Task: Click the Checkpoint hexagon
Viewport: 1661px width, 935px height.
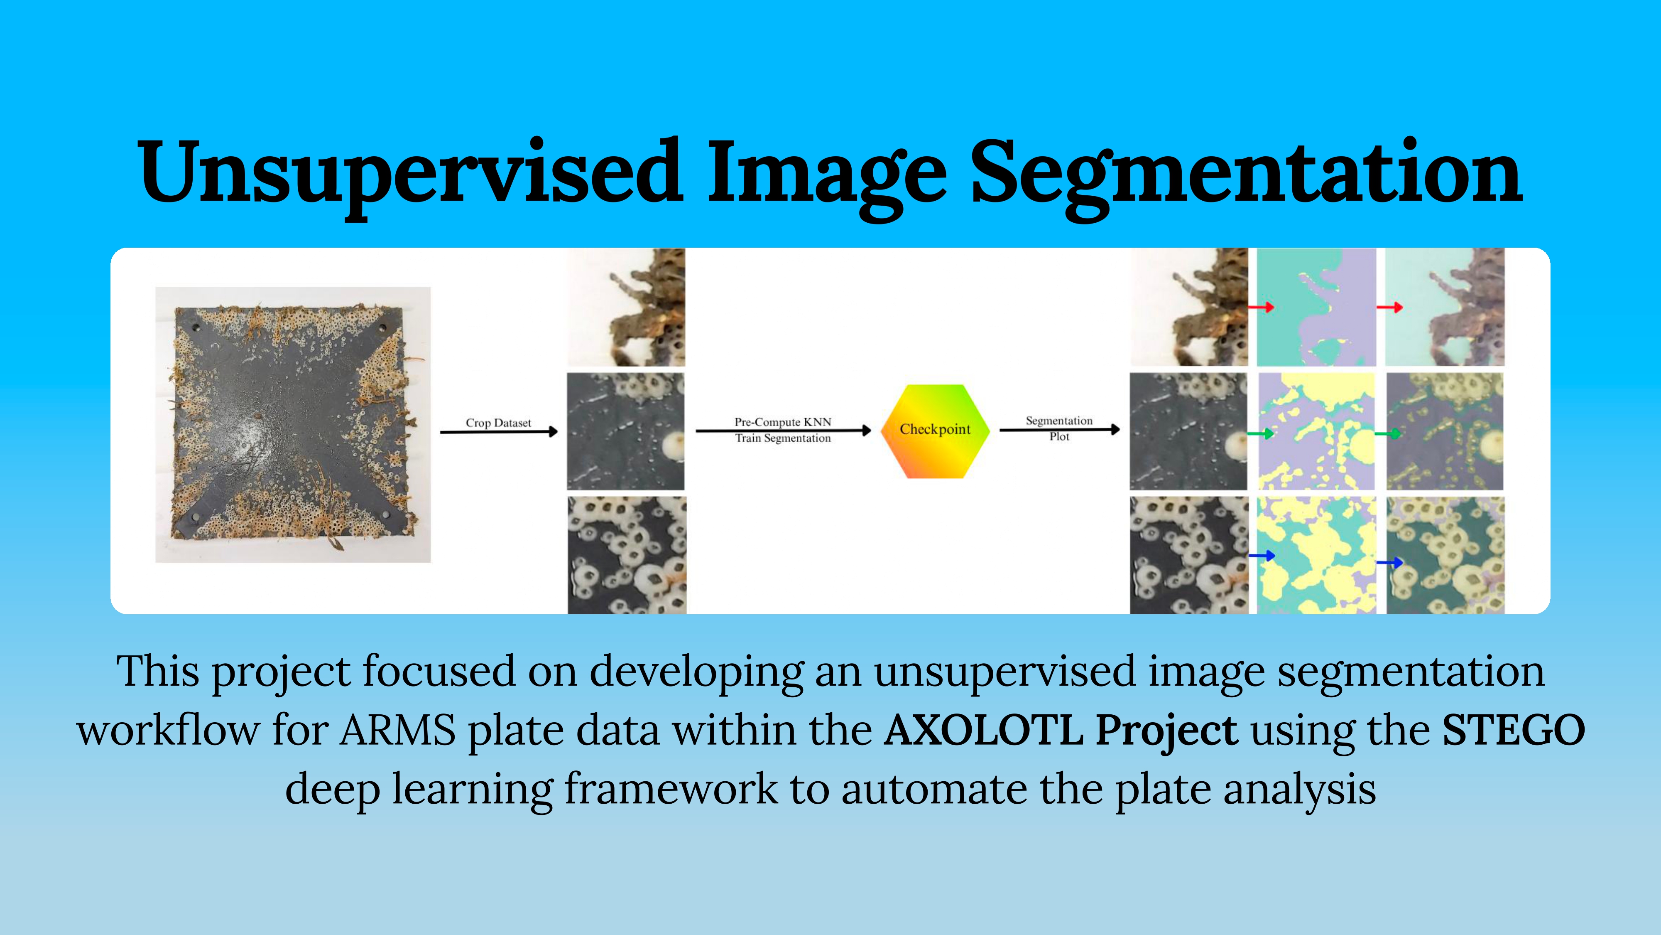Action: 935,431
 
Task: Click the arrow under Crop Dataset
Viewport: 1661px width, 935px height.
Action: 498,432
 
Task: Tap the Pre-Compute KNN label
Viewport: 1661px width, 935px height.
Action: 783,422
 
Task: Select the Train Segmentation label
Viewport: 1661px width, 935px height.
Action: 783,438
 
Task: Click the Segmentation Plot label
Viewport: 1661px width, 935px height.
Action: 1059,428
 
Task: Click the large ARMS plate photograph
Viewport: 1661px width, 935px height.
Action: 293,425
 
